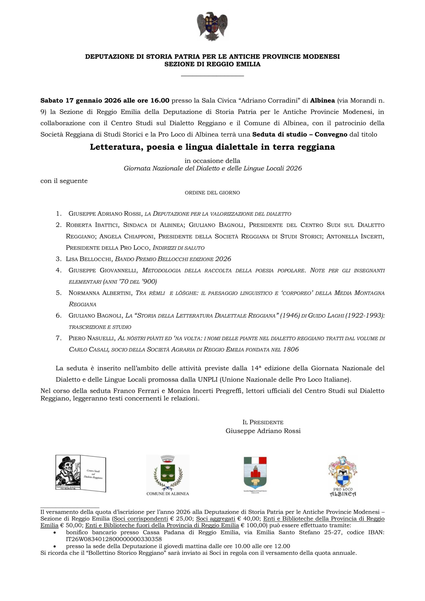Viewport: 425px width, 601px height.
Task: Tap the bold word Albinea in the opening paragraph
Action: (322, 100)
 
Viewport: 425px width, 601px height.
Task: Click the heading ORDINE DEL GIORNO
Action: (212, 193)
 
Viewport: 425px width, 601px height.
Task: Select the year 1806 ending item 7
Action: (291, 350)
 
